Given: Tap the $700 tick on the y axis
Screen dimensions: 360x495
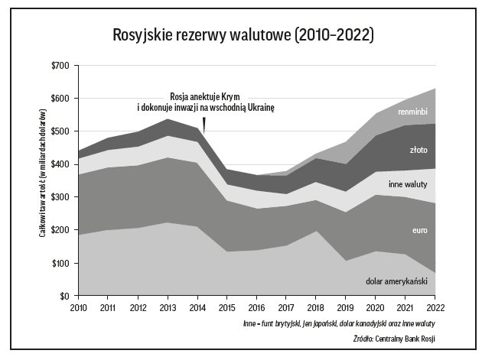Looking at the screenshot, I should point(60,66).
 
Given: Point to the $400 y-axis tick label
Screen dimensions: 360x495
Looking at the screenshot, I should point(60,164).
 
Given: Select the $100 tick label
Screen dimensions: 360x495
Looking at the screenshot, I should point(60,263).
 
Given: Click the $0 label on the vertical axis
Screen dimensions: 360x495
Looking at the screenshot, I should point(64,296).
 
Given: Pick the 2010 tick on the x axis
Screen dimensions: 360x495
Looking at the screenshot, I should point(80,307).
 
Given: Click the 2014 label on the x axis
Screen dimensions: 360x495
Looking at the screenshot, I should point(198,307).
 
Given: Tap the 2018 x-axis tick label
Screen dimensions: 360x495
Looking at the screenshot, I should point(318,307).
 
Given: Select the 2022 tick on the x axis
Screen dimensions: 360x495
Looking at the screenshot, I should point(435,307).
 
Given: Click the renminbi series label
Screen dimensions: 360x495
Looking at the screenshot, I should point(412,112).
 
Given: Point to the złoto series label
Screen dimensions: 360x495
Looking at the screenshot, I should point(418,151).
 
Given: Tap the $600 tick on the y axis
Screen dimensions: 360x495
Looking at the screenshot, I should point(60,99).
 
